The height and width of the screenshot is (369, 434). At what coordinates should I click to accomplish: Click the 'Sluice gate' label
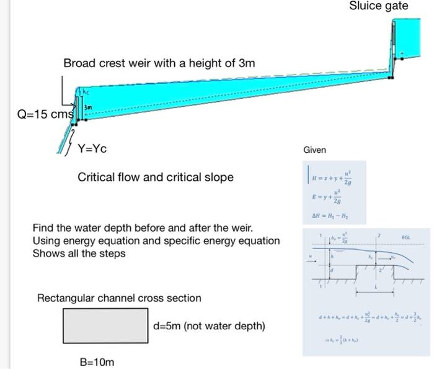(378, 6)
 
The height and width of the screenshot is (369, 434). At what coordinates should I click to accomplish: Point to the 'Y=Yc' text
(92, 149)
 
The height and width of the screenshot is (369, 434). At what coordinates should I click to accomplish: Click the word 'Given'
(314, 150)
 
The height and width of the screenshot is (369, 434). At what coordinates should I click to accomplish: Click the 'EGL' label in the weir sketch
(406, 237)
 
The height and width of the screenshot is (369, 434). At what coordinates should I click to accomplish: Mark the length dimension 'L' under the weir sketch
(376, 291)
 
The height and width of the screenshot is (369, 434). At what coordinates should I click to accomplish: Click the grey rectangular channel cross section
(105, 326)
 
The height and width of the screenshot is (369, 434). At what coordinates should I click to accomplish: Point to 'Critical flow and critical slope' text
(156, 178)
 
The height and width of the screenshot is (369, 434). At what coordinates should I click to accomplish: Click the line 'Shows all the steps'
(79, 253)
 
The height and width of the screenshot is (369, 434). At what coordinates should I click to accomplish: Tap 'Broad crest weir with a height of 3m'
(159, 63)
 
